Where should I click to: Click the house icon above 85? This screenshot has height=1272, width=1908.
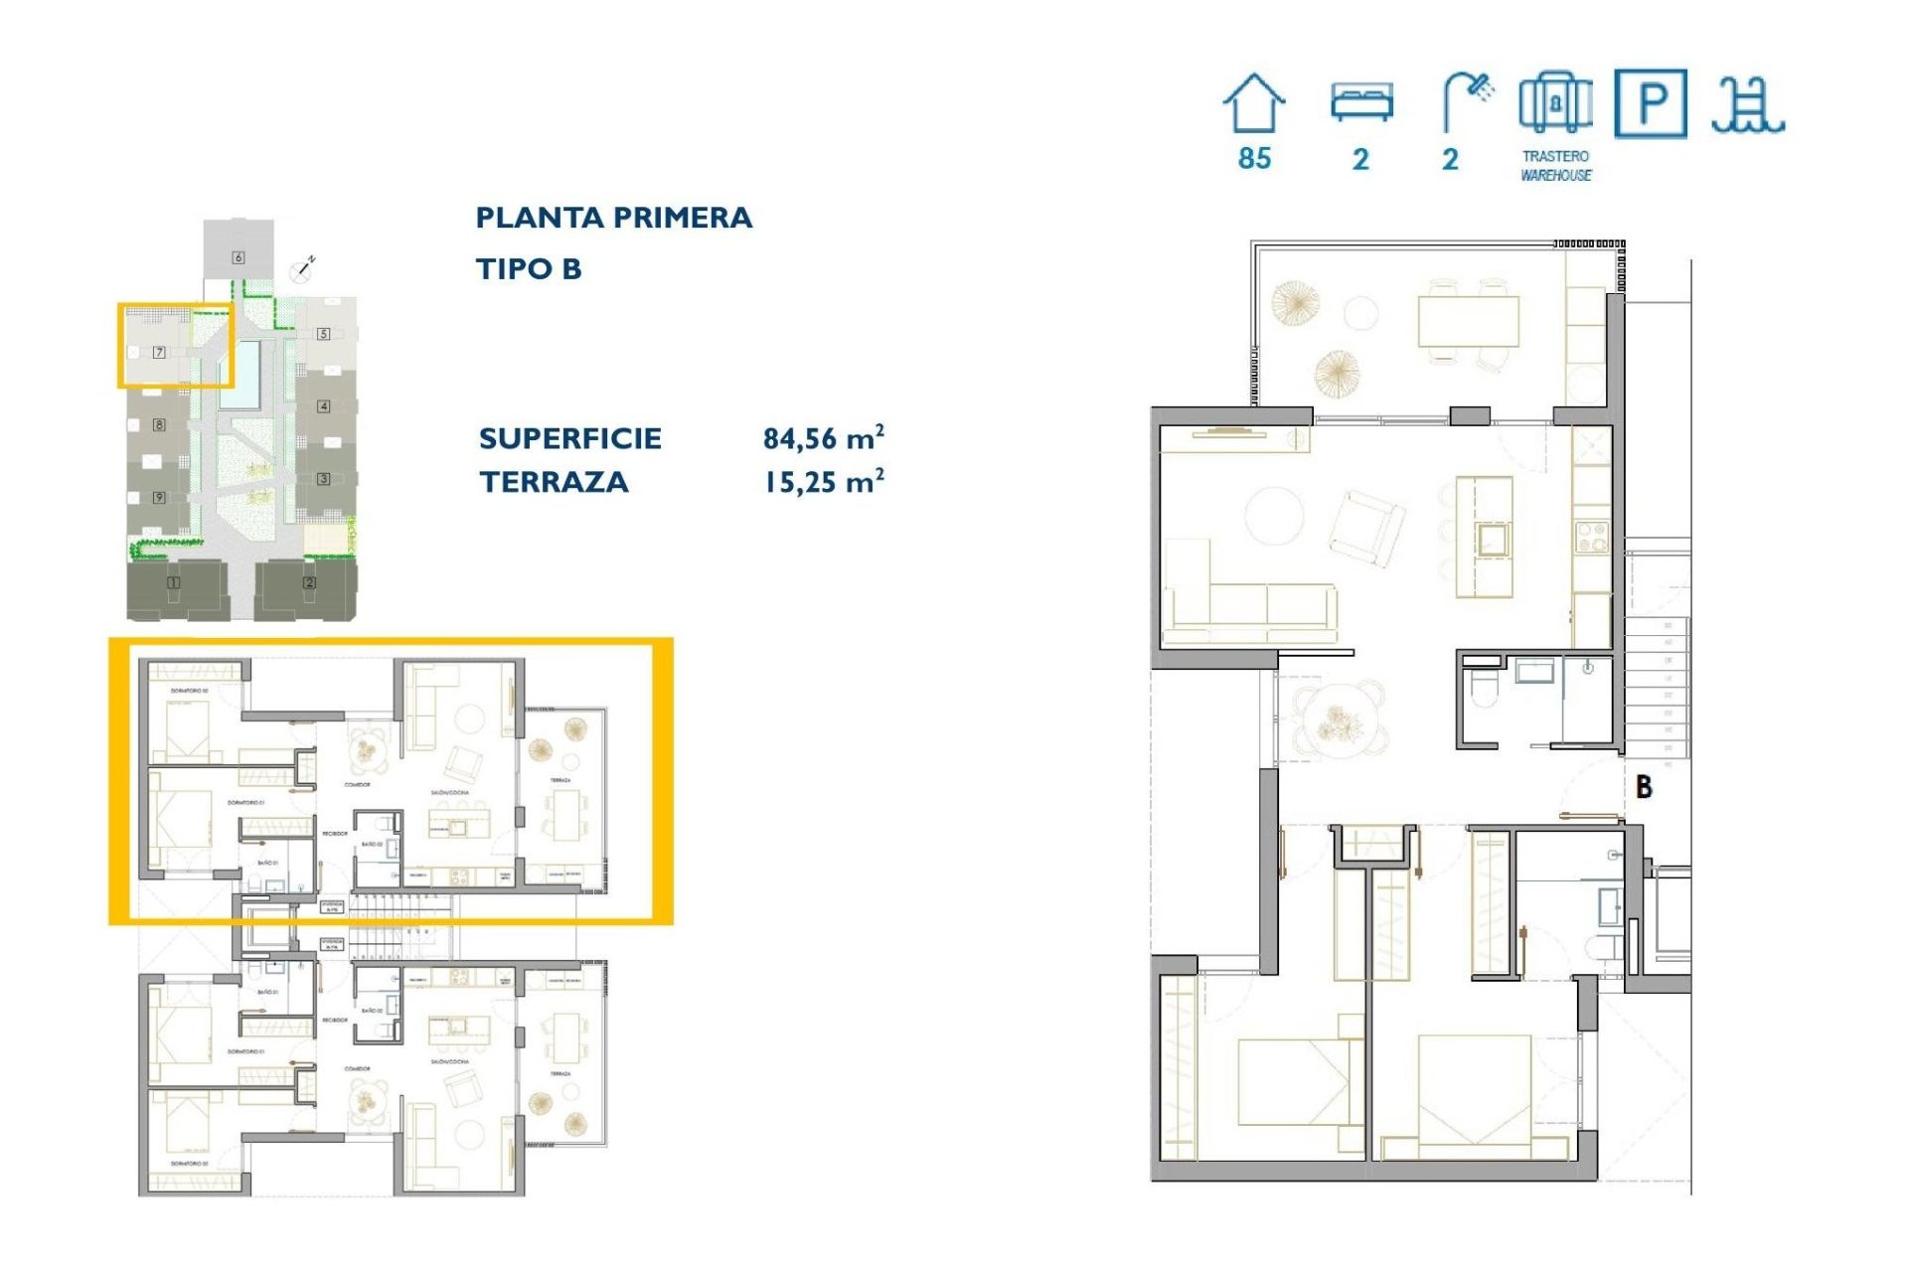pyautogui.click(x=1253, y=103)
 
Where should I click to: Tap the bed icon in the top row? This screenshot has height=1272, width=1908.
pyautogui.click(x=1361, y=102)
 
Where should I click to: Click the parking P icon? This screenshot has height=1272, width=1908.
pyautogui.click(x=1650, y=103)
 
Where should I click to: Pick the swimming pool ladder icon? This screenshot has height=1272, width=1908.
pyautogui.click(x=1747, y=105)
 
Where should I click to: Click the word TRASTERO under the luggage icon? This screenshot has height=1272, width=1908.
pyautogui.click(x=1555, y=156)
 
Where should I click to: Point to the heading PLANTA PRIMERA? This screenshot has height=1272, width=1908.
pyautogui.click(x=613, y=218)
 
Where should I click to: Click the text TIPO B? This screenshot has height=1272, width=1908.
pyautogui.click(x=528, y=268)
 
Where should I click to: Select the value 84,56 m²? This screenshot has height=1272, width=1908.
pyautogui.click(x=823, y=437)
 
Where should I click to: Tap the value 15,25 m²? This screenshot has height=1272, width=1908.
pyautogui.click(x=823, y=482)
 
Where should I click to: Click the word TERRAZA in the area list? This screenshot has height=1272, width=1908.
pyautogui.click(x=554, y=482)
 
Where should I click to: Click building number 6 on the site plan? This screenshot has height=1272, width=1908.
pyautogui.click(x=238, y=257)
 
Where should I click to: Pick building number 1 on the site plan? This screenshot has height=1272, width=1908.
pyautogui.click(x=174, y=582)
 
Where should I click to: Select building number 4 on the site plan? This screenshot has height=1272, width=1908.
pyautogui.click(x=323, y=406)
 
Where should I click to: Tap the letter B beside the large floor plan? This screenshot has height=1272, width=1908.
pyautogui.click(x=1644, y=787)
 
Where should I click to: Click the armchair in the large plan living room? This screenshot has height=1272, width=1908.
pyautogui.click(x=1367, y=527)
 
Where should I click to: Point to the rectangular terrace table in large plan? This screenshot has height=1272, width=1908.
pyautogui.click(x=1468, y=321)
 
